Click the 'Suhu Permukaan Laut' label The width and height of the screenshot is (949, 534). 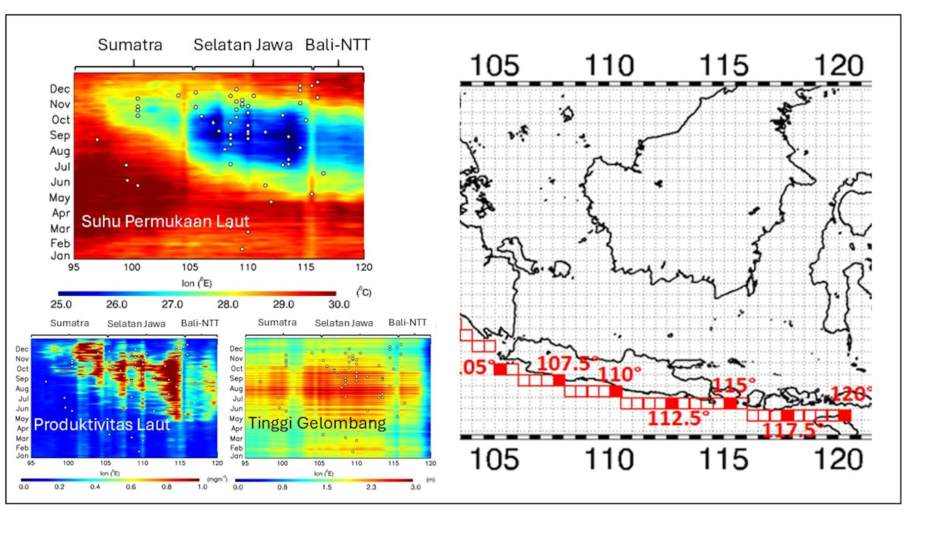[x=165, y=221]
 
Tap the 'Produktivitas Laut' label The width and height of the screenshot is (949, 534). [x=102, y=425]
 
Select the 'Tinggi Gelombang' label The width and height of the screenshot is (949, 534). [x=317, y=423]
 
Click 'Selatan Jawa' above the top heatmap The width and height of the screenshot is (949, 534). [x=243, y=45]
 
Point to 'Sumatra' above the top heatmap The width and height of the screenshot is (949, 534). [x=130, y=45]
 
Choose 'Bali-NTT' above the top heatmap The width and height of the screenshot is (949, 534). [x=338, y=45]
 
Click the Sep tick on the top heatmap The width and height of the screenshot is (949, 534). [x=60, y=135]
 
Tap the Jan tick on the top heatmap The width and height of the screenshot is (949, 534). [x=60, y=256]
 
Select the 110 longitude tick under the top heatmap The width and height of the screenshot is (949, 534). [x=248, y=267]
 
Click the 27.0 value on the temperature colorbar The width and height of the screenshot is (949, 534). [x=172, y=305]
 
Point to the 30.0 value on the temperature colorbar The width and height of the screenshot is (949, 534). [x=339, y=305]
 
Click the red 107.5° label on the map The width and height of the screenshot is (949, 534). [x=564, y=363]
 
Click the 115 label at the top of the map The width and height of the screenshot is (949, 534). [x=724, y=65]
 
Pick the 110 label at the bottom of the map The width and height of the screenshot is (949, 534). [x=609, y=459]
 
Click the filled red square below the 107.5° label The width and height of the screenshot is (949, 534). [x=559, y=380]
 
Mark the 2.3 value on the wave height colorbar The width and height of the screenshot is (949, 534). [x=371, y=487]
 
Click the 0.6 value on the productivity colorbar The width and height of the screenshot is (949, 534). [x=130, y=487]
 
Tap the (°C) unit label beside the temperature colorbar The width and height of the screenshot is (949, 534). [x=364, y=292]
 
